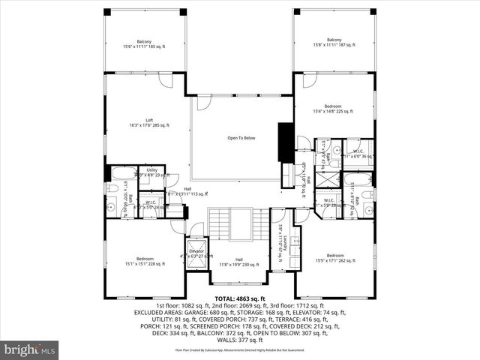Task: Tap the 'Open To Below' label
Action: coord(241,138)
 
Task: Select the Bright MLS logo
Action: coord(30,349)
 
